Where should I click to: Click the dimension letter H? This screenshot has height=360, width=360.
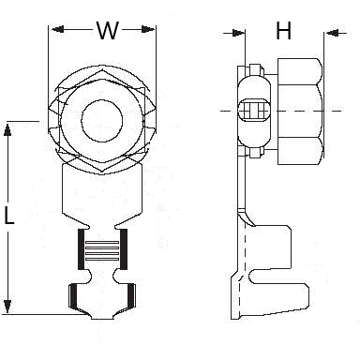point(282,33)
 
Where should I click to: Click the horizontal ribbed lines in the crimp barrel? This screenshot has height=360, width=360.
point(101,251)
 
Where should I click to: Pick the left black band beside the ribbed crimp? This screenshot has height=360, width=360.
point(79,251)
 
